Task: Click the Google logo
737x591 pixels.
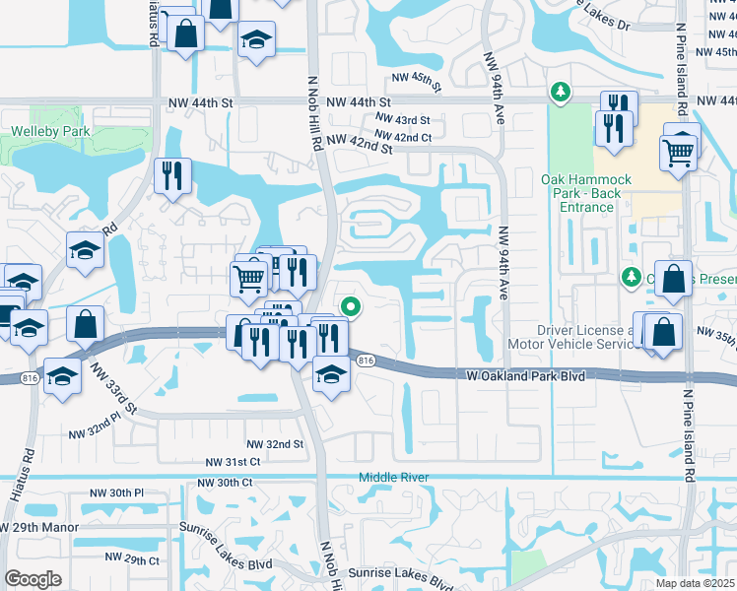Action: (33, 579)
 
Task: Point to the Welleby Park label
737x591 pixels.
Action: (50, 131)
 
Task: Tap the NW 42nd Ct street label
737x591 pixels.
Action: (405, 137)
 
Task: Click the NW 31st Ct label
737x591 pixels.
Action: (233, 462)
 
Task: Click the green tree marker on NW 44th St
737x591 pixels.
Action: (561, 93)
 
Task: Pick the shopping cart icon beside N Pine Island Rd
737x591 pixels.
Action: (678, 153)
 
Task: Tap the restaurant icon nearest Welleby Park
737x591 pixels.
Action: (173, 175)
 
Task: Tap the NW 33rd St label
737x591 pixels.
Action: (111, 392)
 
